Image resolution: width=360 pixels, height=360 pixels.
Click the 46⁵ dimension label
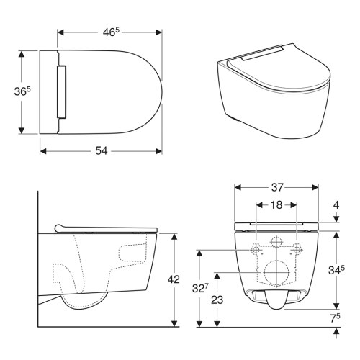coord(109,32)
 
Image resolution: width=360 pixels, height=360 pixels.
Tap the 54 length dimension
coord(101,151)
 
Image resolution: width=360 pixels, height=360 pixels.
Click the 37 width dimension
coord(276,186)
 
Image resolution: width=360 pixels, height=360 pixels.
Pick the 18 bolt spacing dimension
coord(276,206)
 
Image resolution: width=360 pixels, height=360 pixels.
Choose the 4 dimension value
coord(336,205)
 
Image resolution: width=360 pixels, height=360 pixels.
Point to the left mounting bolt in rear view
coord(256,250)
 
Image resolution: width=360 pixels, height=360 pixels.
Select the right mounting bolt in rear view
coord(297,250)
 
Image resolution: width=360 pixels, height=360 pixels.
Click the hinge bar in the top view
coord(62,93)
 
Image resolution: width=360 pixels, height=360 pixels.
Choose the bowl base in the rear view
coord(276,302)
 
